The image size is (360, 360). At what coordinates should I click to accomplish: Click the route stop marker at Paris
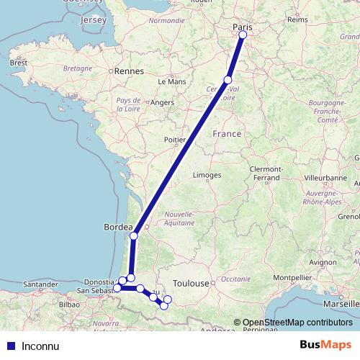[x=243, y=35]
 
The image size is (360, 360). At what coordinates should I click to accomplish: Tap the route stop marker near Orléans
[x=228, y=79]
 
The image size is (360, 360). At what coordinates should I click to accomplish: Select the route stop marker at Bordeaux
[x=134, y=235]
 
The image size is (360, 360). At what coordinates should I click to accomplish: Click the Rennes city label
[x=130, y=72]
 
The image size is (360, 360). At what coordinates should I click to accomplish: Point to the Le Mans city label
[x=172, y=82]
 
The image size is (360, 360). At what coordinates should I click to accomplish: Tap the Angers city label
[x=162, y=103]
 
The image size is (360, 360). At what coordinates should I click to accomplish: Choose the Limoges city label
[x=207, y=175]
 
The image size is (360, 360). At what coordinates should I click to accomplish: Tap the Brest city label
[x=18, y=63]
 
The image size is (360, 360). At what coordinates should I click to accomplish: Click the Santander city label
[x=40, y=285]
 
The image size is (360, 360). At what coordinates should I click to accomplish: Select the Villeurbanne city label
[x=325, y=176]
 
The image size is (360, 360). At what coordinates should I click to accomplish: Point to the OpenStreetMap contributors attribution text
[x=293, y=323]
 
